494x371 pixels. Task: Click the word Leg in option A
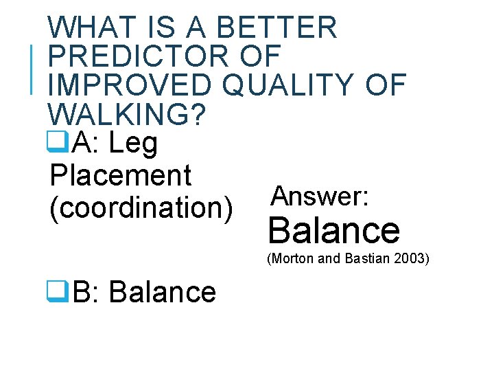pos(133,144)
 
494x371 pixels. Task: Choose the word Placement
pos(120,175)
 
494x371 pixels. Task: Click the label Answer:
pos(321,197)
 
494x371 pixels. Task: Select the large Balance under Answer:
pos(334,230)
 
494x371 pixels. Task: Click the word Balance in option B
pos(162,293)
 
